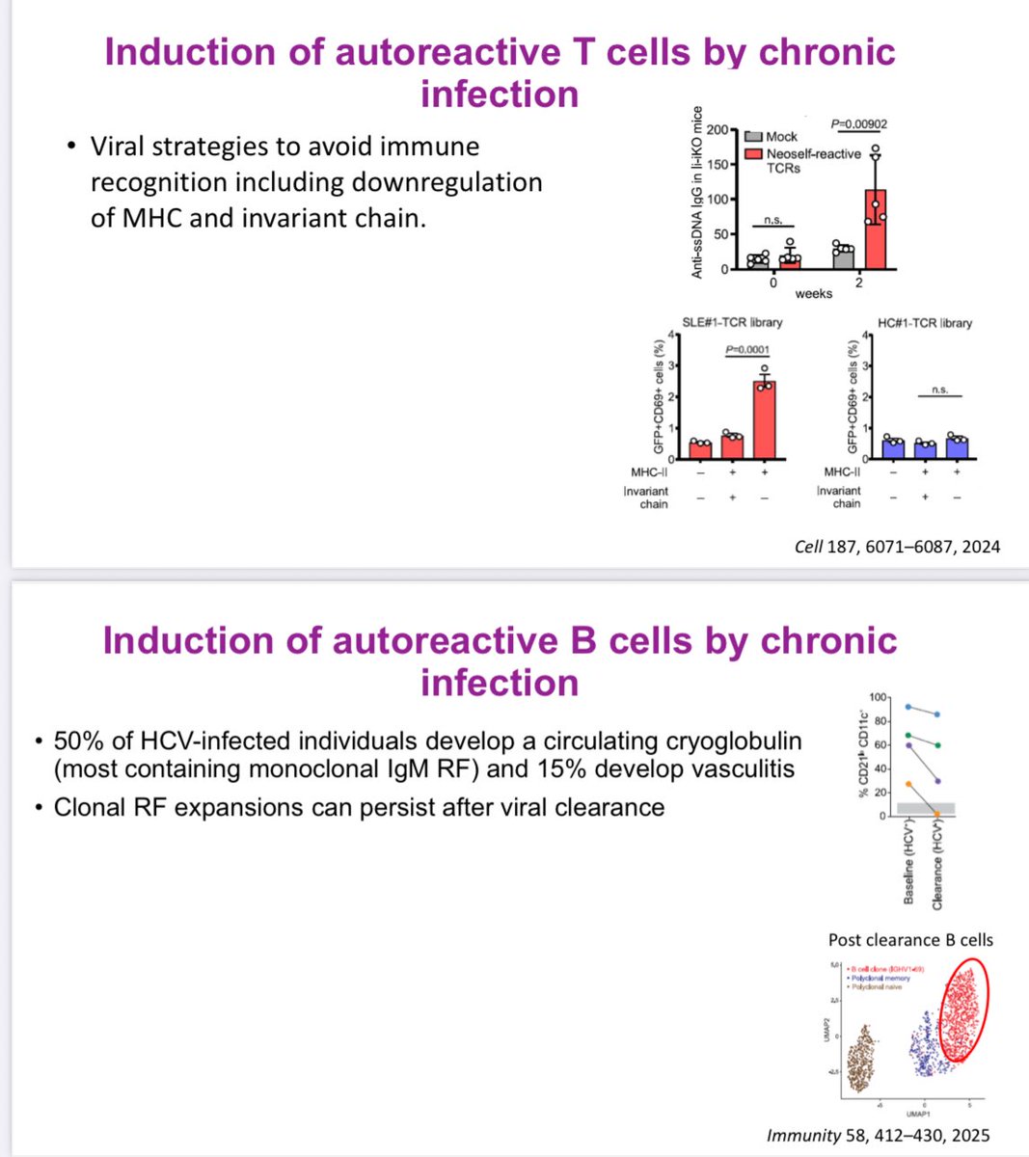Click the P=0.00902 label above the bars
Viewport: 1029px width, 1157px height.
(859, 123)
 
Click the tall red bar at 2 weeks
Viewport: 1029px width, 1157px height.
(875, 231)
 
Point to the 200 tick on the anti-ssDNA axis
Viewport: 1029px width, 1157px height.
(716, 130)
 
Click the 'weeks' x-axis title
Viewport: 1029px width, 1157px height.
(813, 293)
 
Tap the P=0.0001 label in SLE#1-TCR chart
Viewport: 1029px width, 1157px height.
(747, 350)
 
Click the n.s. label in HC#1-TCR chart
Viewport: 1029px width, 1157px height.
(939, 390)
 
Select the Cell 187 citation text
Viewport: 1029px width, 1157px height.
(897, 547)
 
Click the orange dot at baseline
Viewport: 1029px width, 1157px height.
(907, 784)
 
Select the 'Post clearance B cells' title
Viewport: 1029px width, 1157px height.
(910, 940)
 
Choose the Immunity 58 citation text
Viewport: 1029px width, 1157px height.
(878, 1136)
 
